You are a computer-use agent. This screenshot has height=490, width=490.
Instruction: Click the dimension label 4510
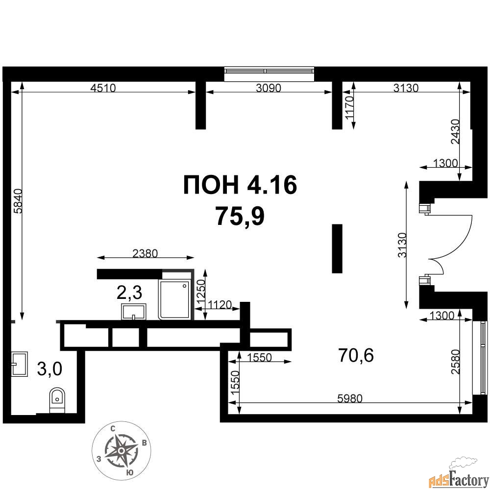[103, 88]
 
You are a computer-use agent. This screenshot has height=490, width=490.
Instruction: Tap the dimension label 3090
[269, 88]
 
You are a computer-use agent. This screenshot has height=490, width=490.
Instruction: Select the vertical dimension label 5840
[18, 201]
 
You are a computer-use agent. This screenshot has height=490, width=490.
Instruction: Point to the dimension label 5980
[350, 398]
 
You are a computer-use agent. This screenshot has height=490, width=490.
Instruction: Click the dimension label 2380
[145, 253]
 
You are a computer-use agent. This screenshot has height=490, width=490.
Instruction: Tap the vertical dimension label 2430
[455, 131]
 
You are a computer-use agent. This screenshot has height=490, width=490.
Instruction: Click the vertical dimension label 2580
[456, 362]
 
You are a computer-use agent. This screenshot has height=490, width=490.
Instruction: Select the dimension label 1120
[220, 304]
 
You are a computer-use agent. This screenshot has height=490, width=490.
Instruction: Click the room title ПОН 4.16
[240, 185]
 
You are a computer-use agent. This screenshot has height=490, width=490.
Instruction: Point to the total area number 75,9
[240, 217]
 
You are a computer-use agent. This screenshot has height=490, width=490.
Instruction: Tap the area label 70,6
[356, 355]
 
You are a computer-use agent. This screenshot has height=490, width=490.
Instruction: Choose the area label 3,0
[49, 369]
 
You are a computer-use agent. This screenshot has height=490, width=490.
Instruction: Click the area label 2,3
[129, 293]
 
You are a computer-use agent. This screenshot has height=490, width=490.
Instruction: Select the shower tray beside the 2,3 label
[174, 300]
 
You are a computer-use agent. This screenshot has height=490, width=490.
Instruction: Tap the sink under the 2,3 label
[134, 312]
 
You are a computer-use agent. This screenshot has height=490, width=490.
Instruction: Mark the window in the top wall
[269, 74]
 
